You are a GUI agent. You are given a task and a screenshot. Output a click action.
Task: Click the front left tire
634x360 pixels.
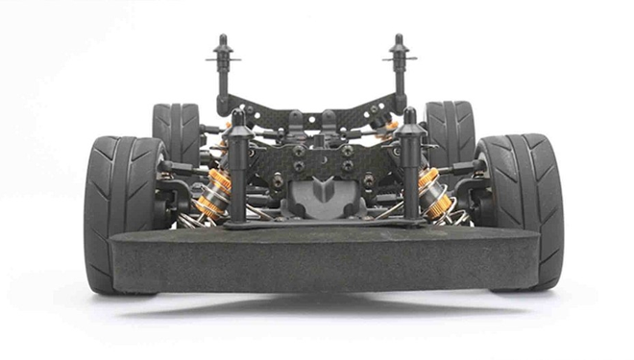click(120, 206)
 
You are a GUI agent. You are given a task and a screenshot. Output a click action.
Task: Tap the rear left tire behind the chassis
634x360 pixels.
click(176, 130)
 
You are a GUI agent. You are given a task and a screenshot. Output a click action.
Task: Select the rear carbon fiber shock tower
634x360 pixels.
click(309, 105)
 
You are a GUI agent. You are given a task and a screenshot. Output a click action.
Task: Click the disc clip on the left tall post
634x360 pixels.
click(223, 59)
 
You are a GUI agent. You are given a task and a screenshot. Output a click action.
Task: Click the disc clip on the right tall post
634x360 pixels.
click(399, 59)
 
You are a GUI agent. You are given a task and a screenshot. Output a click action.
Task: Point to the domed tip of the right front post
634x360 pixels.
click(410, 115)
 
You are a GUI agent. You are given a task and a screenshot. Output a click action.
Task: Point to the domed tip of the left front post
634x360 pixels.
click(238, 115)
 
